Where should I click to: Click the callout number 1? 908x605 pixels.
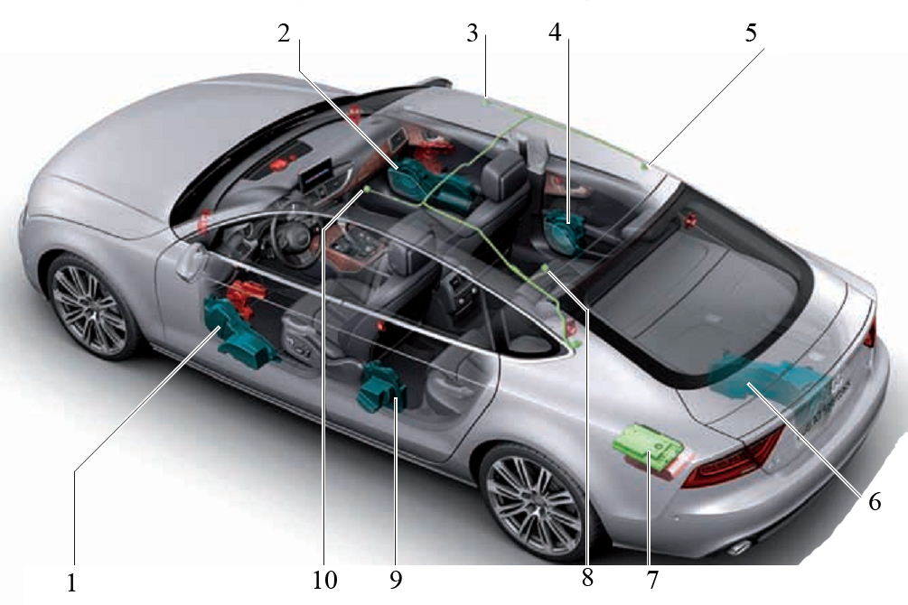71,583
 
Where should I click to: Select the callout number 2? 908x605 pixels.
283,33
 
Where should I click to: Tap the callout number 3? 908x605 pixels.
473,33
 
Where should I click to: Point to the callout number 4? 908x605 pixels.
555,33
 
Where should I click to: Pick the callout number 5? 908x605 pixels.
751,33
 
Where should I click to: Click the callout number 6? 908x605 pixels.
875,501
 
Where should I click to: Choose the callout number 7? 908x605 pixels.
652,580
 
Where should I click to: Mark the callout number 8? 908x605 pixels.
587,577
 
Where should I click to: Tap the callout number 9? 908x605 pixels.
396,579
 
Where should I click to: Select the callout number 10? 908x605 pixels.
325,579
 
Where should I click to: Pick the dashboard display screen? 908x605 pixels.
316,173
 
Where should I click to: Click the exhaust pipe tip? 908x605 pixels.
739,546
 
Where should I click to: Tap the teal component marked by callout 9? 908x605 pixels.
382,388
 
